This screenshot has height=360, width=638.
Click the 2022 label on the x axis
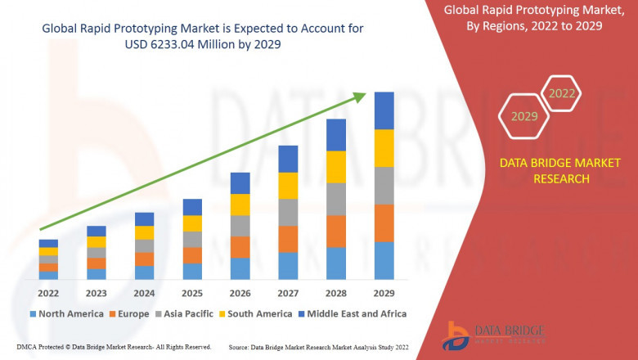click(x=48, y=293)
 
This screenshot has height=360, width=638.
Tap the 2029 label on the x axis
click(x=384, y=293)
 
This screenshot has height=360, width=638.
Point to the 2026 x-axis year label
click(x=240, y=293)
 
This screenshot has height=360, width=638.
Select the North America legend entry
click(x=66, y=313)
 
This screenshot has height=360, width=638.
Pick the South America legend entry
click(x=255, y=313)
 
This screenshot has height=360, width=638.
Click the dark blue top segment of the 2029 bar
click(x=384, y=110)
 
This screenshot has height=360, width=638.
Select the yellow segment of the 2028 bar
click(x=336, y=167)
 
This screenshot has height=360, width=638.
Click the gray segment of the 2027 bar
click(x=288, y=212)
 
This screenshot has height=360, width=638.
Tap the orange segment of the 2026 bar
click(x=240, y=247)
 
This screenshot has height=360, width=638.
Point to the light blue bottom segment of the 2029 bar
click(x=384, y=260)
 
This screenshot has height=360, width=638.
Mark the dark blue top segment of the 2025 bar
click(x=192, y=207)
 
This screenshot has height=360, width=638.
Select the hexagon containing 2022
click(x=561, y=93)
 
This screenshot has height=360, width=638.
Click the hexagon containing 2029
click(x=524, y=116)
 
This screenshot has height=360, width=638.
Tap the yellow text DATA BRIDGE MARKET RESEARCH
click(x=544, y=171)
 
